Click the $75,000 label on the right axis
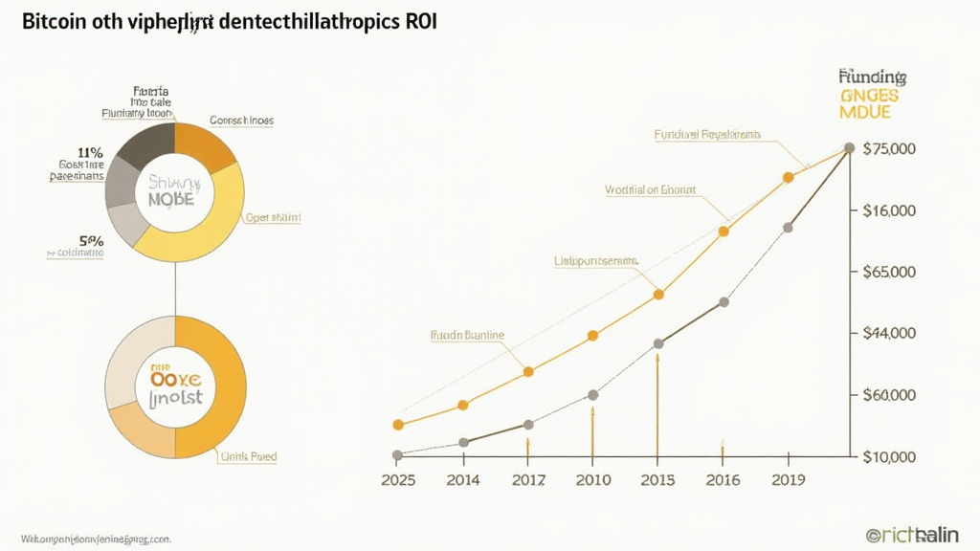889,149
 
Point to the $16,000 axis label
889,210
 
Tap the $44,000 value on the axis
889,334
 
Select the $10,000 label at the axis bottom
889,457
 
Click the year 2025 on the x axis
398,480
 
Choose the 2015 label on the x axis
657,480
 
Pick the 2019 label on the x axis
787,480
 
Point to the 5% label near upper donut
91,242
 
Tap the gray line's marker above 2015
658,343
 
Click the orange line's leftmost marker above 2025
398,425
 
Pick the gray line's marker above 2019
788,228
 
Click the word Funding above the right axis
872,76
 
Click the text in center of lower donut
175,387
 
